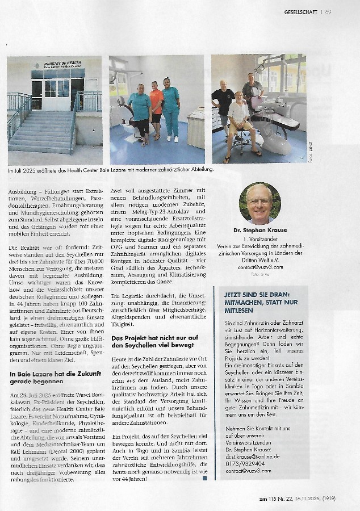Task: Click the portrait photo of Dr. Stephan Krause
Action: [259, 203]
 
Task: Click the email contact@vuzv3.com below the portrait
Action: [261, 266]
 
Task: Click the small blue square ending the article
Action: [204, 479]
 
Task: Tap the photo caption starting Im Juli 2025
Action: [111, 169]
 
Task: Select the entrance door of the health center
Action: [57, 94]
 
